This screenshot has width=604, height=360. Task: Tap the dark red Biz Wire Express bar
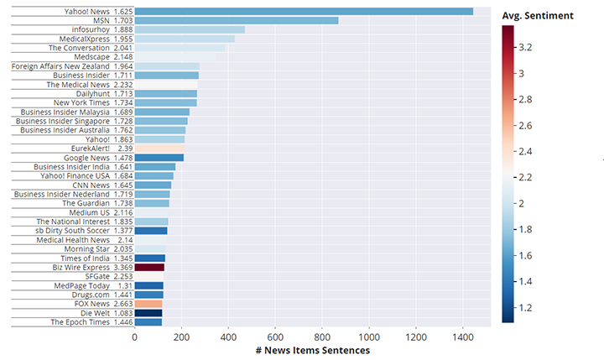(149, 268)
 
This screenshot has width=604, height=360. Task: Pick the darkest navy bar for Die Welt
(148, 313)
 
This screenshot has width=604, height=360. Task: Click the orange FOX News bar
(148, 304)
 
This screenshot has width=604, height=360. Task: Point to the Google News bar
(159, 158)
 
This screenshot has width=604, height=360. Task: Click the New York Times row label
(81, 102)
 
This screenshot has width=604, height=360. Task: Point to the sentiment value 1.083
(122, 313)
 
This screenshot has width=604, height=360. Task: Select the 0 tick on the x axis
(134, 337)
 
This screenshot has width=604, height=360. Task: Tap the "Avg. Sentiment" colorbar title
(537, 15)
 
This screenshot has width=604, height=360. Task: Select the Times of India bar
(149, 258)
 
